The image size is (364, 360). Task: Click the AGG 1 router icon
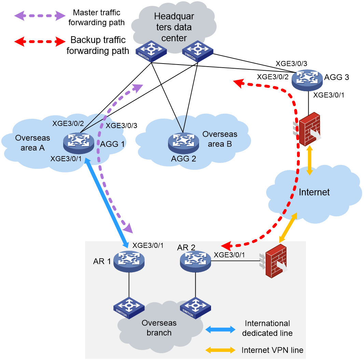point(79,143)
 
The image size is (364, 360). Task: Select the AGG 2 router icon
point(184,143)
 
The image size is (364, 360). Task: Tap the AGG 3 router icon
point(307,80)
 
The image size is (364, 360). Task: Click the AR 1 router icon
point(129,261)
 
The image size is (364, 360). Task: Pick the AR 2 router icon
point(195,261)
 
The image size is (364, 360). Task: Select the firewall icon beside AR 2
point(274,261)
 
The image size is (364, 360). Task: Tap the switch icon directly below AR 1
point(129,308)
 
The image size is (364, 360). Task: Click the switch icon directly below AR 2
point(195,308)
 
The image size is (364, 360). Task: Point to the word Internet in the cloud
point(314,192)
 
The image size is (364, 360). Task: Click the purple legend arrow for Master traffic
point(40,16)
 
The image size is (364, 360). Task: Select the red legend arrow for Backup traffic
point(40,42)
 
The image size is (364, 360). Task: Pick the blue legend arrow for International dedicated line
point(220,329)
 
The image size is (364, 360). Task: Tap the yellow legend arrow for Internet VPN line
point(220,350)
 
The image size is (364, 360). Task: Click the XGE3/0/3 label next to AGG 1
point(122,126)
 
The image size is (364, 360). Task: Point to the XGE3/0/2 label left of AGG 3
point(273,77)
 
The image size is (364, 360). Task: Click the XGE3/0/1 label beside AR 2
point(229,255)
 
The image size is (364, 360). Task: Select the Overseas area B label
point(220,139)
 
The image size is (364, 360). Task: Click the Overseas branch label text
point(159,328)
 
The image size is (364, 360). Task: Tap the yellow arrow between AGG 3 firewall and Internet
point(309,160)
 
